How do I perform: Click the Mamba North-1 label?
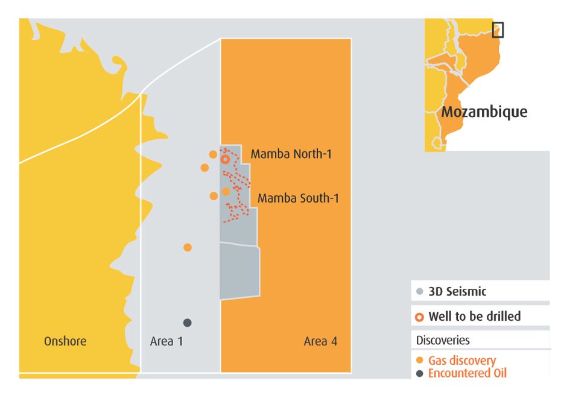[291, 154]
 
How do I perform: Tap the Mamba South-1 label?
[298, 198]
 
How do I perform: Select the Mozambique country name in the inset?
[484, 112]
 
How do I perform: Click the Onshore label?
[65, 341]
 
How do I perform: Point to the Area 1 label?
[166, 341]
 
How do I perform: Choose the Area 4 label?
[320, 341]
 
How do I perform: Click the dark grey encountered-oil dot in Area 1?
[188, 323]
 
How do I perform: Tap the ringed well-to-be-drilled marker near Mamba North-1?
[225, 159]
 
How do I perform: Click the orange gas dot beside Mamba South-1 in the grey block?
[226, 191]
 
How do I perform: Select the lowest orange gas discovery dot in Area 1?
[188, 247]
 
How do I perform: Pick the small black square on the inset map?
[498, 30]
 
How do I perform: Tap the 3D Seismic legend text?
[457, 292]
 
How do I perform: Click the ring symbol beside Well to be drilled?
[420, 317]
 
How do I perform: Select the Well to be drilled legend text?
[474, 317]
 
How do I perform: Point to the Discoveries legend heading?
[443, 340]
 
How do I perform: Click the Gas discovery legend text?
[462, 361]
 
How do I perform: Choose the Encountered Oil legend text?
[467, 373]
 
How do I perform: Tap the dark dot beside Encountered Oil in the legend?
[420, 373]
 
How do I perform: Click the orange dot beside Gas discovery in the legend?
[420, 361]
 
